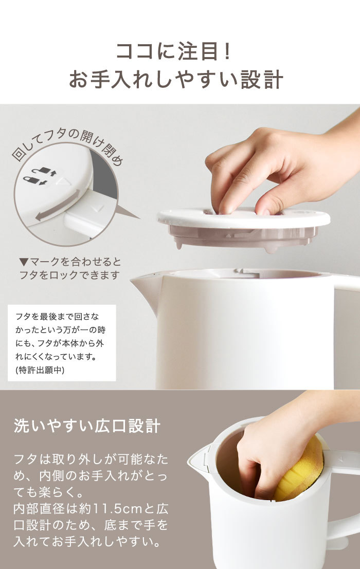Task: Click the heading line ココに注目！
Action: click(174, 51)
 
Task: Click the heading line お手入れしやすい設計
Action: click(176, 80)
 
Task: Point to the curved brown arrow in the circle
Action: click(57, 206)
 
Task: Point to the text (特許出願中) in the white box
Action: click(40, 370)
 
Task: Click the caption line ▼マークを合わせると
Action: click(70, 262)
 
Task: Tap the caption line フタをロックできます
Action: click(69, 275)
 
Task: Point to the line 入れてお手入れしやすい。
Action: click(87, 542)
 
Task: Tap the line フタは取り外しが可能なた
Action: click(91, 460)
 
